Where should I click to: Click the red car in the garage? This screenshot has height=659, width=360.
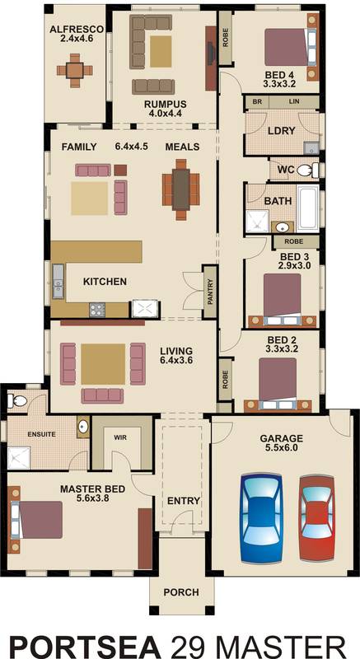point(317,518)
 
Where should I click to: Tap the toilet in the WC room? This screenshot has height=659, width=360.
point(307,171)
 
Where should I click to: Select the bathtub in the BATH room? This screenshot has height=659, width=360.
point(308,208)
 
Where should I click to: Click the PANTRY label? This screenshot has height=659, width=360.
point(210,292)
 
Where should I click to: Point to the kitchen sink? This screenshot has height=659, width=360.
point(58,281)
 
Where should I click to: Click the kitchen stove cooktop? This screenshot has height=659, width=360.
point(97,310)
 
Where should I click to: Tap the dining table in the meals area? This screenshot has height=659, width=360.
point(181,189)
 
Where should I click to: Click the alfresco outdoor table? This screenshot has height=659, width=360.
point(75,70)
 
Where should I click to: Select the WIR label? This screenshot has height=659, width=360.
point(120,437)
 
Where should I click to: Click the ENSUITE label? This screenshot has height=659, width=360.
point(41,434)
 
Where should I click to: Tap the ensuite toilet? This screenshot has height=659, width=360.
point(16,401)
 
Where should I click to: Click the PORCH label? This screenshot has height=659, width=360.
point(181,592)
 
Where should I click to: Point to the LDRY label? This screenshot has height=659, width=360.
point(282,131)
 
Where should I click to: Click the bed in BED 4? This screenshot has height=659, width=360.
point(290,47)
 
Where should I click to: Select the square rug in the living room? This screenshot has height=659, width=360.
point(103,364)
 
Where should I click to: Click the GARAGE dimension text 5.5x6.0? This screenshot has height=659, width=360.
point(282,448)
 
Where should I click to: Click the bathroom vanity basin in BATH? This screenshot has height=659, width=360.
point(284,227)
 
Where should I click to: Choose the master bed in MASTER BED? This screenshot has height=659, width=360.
point(35,520)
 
